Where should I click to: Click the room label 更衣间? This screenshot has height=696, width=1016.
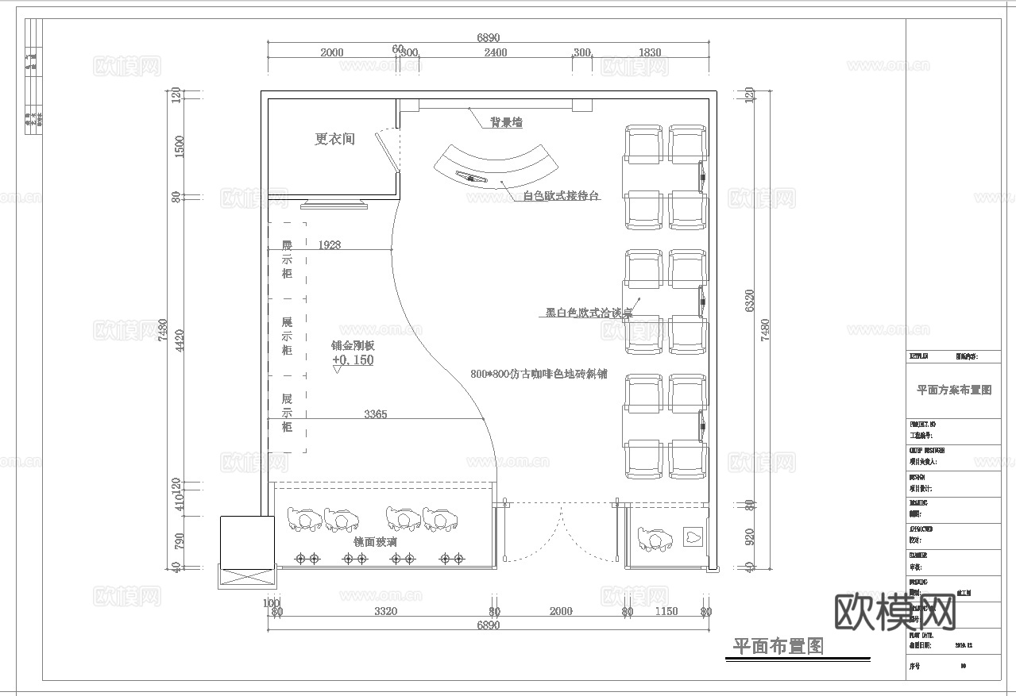point(334,139)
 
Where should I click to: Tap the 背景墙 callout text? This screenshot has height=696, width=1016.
point(506,122)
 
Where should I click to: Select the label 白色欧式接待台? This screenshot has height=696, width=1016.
point(561,196)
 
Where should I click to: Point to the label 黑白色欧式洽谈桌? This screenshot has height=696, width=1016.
point(589,313)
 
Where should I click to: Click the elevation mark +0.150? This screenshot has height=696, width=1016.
point(353,360)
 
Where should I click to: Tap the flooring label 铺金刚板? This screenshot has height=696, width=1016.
point(353,345)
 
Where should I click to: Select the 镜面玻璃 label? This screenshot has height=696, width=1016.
point(375,541)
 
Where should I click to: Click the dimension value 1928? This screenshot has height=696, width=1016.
point(329,245)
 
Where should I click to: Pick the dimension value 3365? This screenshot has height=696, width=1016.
point(376,413)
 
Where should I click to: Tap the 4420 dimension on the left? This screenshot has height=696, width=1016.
point(180,340)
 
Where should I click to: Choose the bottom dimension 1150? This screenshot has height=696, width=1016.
point(666,611)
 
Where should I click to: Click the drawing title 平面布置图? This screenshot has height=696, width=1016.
point(778,647)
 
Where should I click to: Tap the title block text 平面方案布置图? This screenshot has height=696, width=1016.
point(954,390)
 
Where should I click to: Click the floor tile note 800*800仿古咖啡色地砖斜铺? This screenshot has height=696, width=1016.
point(539,374)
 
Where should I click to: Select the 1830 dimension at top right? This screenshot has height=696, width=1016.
point(649,52)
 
